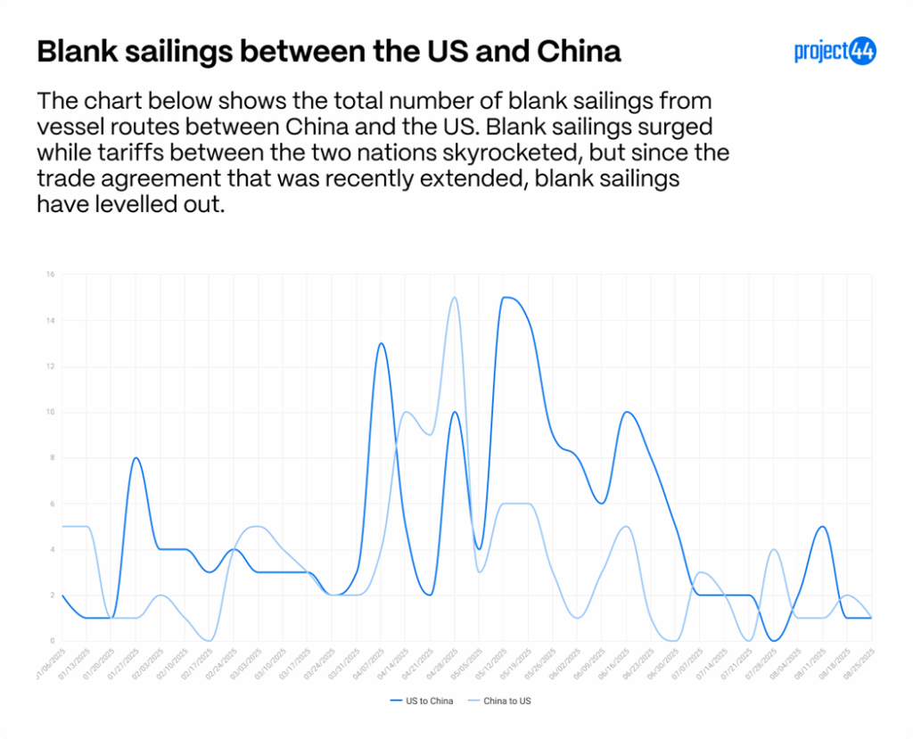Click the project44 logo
click(835, 52)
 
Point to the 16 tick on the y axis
click(50, 275)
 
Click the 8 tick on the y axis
click(52, 458)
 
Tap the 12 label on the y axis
click(50, 366)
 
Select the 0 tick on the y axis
click(52, 641)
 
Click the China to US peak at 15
click(455, 298)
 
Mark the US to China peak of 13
click(381, 343)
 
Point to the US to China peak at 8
click(136, 458)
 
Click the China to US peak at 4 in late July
click(774, 549)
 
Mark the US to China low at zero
click(774, 640)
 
